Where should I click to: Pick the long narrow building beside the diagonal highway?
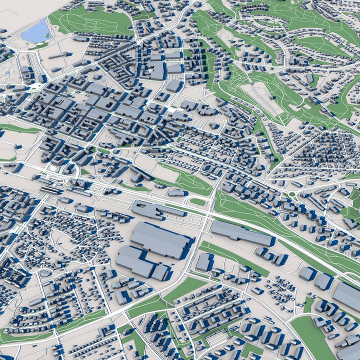point(241,233)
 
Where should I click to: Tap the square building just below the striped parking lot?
point(204,261)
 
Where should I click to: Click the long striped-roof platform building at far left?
point(52,190)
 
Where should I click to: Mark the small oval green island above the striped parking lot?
point(197,202)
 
